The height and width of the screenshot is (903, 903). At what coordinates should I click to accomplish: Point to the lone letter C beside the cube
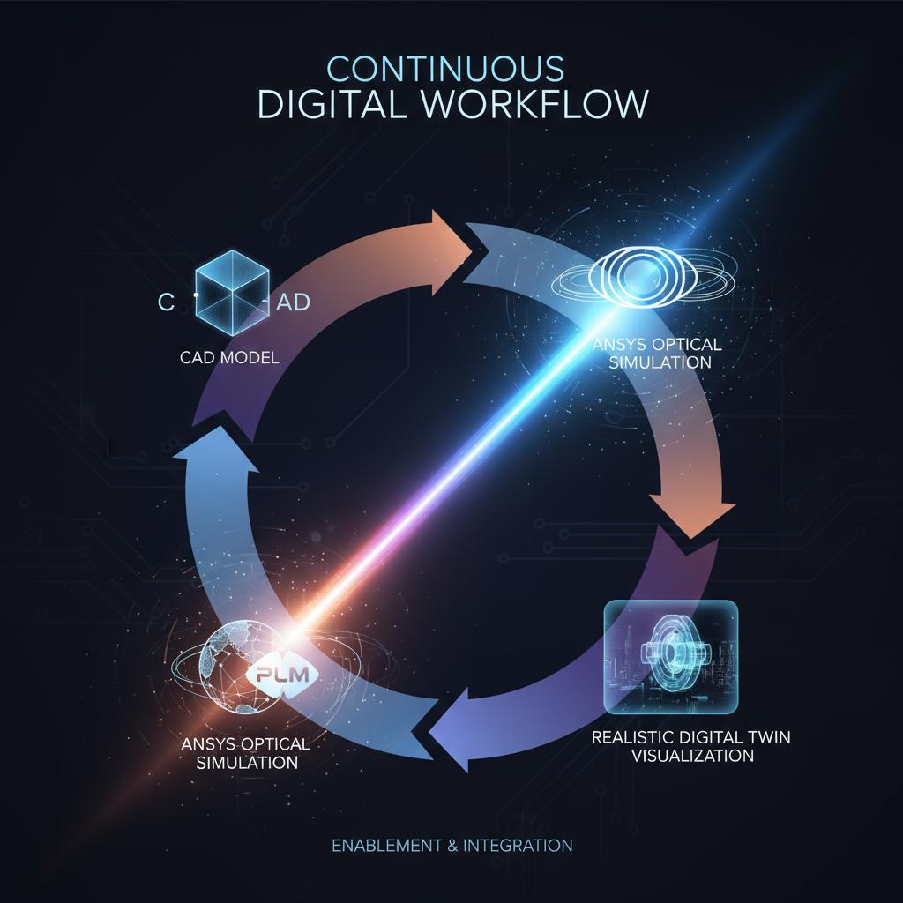[166, 302]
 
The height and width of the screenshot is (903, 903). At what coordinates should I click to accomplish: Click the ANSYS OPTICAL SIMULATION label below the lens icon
[657, 353]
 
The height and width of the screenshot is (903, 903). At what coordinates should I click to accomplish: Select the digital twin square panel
[670, 655]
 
